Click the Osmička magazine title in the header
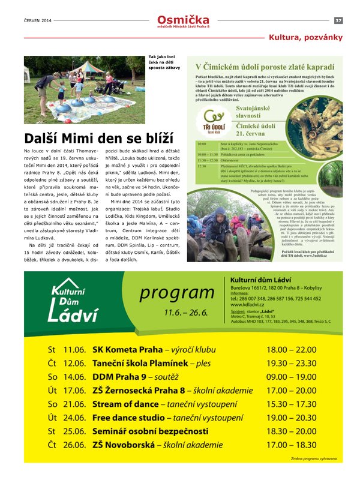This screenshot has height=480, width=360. [x=184, y=19]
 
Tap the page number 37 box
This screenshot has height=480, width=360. [x=338, y=20]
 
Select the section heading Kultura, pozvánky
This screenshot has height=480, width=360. [x=305, y=37]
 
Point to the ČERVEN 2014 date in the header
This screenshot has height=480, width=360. [x=38, y=20]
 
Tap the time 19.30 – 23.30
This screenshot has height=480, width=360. [x=291, y=363]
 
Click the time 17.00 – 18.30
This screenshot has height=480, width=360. [x=291, y=445]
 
